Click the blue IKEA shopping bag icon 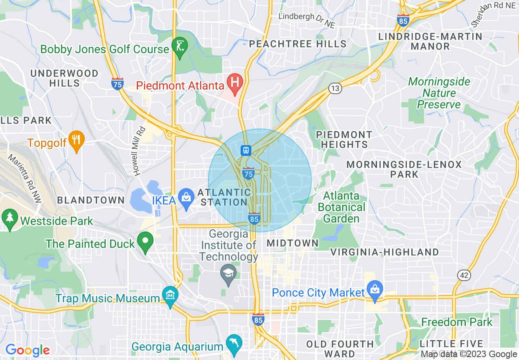[186, 198]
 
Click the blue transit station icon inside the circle [246, 150]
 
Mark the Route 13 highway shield [335, 88]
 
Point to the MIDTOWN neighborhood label [292, 243]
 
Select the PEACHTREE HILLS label [298, 44]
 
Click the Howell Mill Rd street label [139, 151]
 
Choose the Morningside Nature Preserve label [439, 93]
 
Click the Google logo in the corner [27, 350]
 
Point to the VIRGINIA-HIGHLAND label [384, 252]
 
